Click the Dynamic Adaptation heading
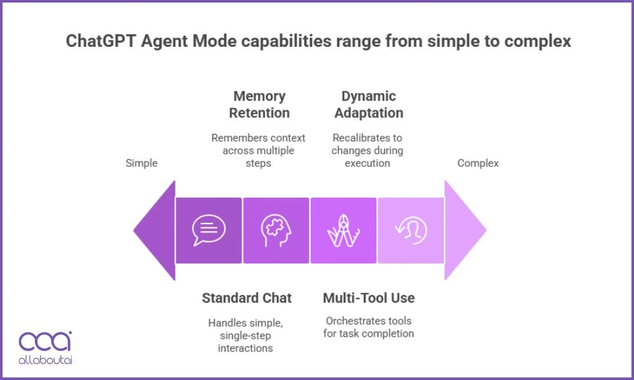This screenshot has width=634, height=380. tap(368, 104)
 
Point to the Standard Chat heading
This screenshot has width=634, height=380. tap(247, 298)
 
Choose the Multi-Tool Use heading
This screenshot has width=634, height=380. tap(368, 298)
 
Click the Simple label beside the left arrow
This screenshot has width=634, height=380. tap(141, 163)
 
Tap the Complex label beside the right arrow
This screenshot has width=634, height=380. tap(478, 163)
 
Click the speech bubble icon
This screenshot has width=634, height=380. tap(209, 231)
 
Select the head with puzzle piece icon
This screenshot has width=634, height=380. tap(276, 231)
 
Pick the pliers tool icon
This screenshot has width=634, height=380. tap(343, 231)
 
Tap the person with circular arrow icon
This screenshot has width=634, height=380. tap(411, 231)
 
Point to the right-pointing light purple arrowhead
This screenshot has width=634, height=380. tap(464, 231)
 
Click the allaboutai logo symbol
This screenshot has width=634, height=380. tap(45, 342)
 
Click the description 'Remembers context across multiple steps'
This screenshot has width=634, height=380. tap(258, 150)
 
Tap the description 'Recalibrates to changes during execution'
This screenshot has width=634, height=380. tap(368, 150)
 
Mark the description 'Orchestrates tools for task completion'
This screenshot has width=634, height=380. tap(368, 327)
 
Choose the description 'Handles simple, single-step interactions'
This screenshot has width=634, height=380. tap(245, 336)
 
